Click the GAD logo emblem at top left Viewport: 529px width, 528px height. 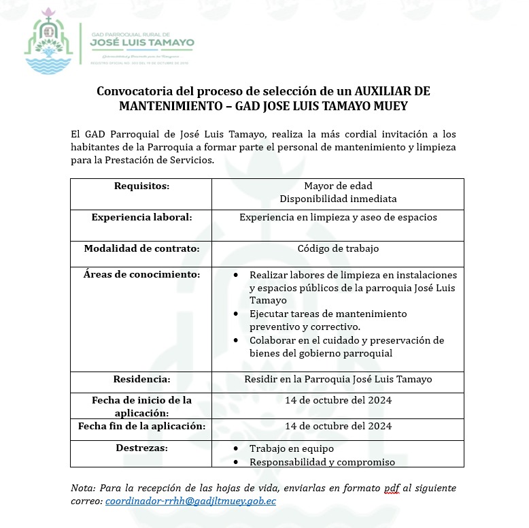coord(48,42)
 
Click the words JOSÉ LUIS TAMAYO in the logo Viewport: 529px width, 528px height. coord(142,42)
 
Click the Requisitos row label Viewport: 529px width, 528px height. coord(141,186)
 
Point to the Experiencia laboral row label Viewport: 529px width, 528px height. coord(141,217)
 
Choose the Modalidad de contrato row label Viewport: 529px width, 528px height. coord(141,248)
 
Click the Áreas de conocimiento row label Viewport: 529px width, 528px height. coord(141,274)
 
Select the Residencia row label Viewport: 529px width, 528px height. coord(141,379)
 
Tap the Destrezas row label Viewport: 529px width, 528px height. coord(141,448)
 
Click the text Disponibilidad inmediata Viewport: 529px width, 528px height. coord(338,199)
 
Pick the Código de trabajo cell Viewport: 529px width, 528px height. coord(338,248)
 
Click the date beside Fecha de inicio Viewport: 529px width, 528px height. coord(338,400)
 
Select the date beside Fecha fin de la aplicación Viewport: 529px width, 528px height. coord(338,426)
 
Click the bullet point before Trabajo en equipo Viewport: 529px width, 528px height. coord(235,449)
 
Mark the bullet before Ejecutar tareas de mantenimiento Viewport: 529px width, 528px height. coord(235,314)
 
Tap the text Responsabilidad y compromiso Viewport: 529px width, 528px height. coord(322,462)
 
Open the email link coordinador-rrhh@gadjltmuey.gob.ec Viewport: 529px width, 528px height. coord(190,501)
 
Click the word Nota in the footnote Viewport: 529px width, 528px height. coord(83,488)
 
